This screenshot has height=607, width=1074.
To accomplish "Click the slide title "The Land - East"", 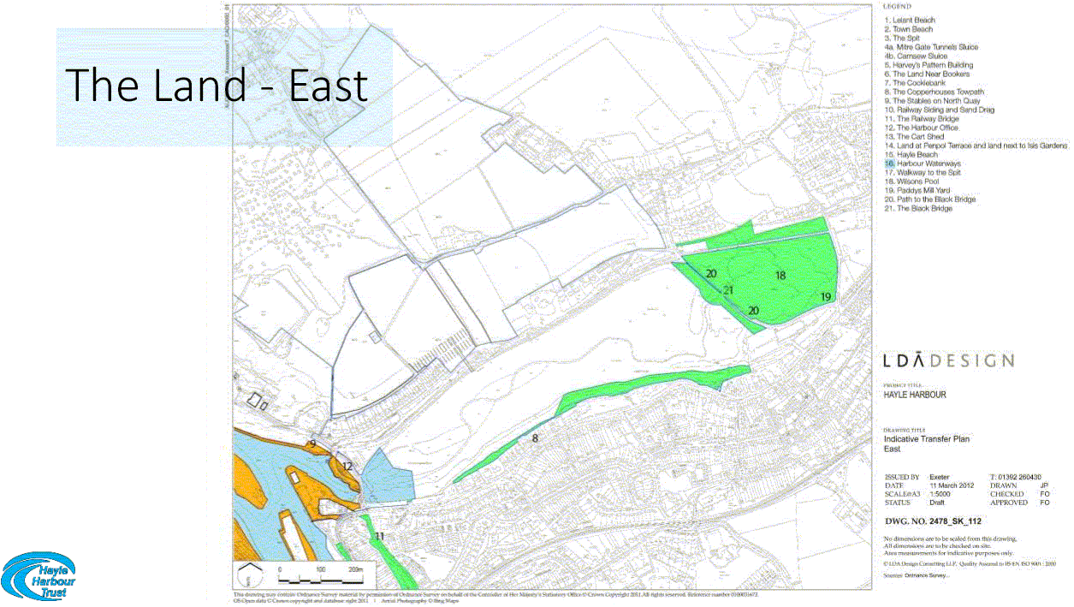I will click(x=217, y=85).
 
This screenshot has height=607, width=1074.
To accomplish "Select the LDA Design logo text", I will click(x=948, y=360).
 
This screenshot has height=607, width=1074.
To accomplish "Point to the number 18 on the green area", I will click(x=780, y=276).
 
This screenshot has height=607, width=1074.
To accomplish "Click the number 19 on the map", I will click(x=826, y=296).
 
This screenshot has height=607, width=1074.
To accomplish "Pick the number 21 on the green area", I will click(x=728, y=290).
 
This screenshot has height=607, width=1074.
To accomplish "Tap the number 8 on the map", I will click(x=535, y=438).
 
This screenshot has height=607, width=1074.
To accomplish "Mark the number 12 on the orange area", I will click(x=347, y=466).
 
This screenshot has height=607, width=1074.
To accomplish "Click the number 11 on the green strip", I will click(x=379, y=536).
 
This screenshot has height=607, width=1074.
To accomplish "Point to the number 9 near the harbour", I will click(x=313, y=443).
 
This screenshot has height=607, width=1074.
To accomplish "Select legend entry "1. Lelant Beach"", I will click(x=910, y=20).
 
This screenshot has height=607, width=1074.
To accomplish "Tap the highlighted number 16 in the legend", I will click(x=889, y=164).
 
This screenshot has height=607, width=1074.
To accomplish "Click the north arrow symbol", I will click(x=246, y=576).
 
